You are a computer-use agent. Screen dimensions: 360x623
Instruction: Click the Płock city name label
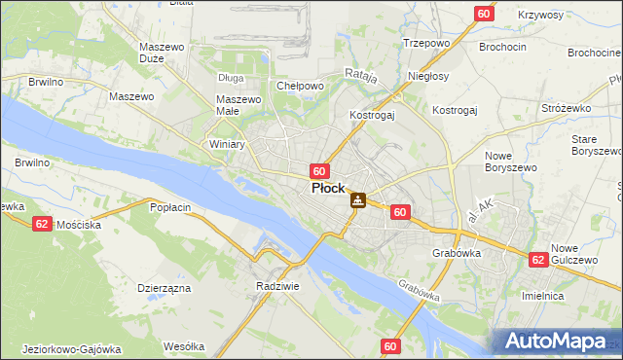[326, 189]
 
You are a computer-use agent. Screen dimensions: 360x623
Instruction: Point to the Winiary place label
[227, 143]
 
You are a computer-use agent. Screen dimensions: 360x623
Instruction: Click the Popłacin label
[169, 207]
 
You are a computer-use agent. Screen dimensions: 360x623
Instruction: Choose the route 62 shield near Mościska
[41, 223]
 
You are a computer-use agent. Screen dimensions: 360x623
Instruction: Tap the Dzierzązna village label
[164, 288]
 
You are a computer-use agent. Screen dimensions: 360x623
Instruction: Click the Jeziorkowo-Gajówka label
[69, 349]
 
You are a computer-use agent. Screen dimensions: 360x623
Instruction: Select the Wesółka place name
[184, 346]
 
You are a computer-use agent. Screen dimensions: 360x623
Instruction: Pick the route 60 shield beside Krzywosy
[484, 13]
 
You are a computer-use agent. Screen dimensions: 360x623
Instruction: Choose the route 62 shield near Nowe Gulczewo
[537, 260]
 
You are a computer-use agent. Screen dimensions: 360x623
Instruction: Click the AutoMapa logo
[559, 342]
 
